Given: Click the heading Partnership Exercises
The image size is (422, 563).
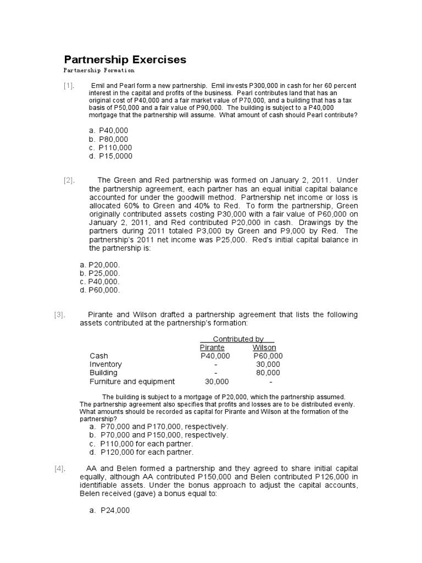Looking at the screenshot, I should pos(125,59).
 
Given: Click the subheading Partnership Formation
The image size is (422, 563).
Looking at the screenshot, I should pos(99,71).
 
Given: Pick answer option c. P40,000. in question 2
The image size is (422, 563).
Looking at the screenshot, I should pos(99,281).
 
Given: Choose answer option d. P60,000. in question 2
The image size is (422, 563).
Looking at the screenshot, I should pos(99,290).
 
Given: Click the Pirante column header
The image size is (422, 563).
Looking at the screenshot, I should pos(212,347).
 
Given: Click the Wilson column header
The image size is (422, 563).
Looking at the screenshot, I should pos(264,347).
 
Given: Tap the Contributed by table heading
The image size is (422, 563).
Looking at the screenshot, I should pos(237,339).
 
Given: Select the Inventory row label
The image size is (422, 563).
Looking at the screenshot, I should pos(105,364).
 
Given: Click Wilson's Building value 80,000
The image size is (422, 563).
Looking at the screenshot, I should pos(268,373).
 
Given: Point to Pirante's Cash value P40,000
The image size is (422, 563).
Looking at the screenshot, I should pos(215,356).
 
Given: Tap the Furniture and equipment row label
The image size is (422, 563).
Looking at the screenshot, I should pos(132,381).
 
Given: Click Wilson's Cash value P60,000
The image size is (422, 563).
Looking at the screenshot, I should pos(268,356).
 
